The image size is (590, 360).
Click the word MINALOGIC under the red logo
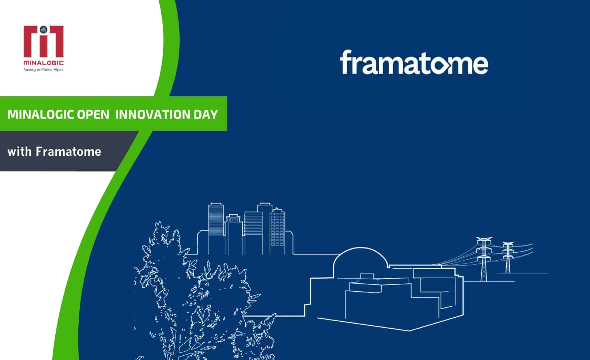click(44, 63)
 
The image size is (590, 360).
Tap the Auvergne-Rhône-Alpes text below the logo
click(44, 69)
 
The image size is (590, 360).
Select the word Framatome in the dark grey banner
click(68, 151)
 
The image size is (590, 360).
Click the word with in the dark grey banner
click(20, 151)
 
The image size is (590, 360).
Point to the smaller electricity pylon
click(508, 257)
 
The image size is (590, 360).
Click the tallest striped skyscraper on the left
click(216, 220)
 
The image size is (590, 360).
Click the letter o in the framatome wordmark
click(443, 65)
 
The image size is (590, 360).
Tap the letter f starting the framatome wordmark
click(346, 62)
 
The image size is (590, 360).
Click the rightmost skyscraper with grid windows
click(278, 230)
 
